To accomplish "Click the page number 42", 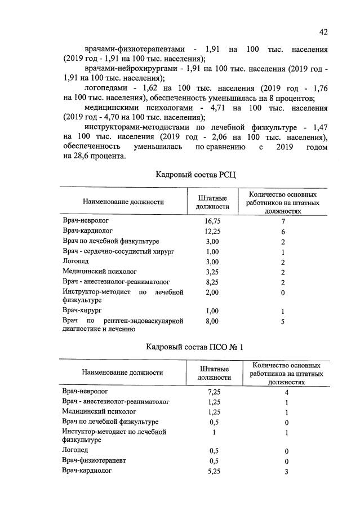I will pyautogui.click(x=323, y=32).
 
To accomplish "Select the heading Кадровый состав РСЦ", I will pyautogui.click(x=195, y=175).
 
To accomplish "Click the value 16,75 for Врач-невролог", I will pyautogui.click(x=212, y=221).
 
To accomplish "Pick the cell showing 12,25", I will pyautogui.click(x=212, y=232).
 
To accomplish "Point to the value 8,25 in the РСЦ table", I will pyautogui.click(x=212, y=281).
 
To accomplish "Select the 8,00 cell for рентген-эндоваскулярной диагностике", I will pyautogui.click(x=212, y=321).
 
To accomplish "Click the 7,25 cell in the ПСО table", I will pyautogui.click(x=212, y=392).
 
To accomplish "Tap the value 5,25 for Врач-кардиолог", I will pyautogui.click(x=212, y=471).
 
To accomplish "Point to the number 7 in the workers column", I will pyautogui.click(x=283, y=221).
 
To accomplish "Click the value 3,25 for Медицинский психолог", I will pyautogui.click(x=212, y=271).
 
